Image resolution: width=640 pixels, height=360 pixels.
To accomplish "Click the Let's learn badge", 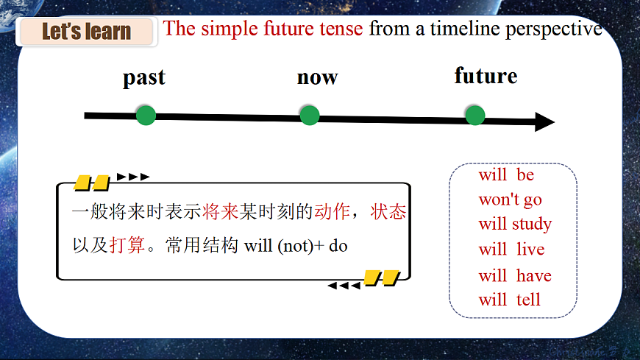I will click(x=86, y=32).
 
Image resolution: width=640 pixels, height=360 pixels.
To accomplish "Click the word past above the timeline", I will click(x=144, y=77).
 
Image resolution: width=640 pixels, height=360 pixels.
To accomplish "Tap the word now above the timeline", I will click(x=317, y=77).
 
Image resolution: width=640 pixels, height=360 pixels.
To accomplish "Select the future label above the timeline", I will click(x=486, y=76).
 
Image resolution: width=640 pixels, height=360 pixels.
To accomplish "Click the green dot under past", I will click(x=146, y=115).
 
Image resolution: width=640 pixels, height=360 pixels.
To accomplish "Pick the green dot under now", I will click(x=310, y=115).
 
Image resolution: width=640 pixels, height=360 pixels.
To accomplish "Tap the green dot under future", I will click(x=475, y=115).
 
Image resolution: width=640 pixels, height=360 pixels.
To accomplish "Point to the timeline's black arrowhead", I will click(x=544, y=122).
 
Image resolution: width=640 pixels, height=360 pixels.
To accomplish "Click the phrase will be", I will click(x=506, y=175).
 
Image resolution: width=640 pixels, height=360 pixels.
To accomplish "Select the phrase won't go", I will click(x=510, y=200).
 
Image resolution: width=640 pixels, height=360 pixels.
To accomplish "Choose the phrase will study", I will click(x=515, y=224).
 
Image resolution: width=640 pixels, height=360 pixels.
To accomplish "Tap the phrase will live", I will click(x=511, y=250).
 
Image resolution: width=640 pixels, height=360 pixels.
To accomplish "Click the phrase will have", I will click(x=515, y=275).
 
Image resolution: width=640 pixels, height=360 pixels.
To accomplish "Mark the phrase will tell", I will click(x=509, y=300).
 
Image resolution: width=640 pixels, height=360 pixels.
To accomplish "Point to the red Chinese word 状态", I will click(x=388, y=212).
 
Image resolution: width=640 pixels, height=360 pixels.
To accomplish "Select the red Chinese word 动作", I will click(x=332, y=212).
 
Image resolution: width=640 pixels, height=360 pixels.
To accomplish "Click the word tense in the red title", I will click(x=341, y=29).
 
